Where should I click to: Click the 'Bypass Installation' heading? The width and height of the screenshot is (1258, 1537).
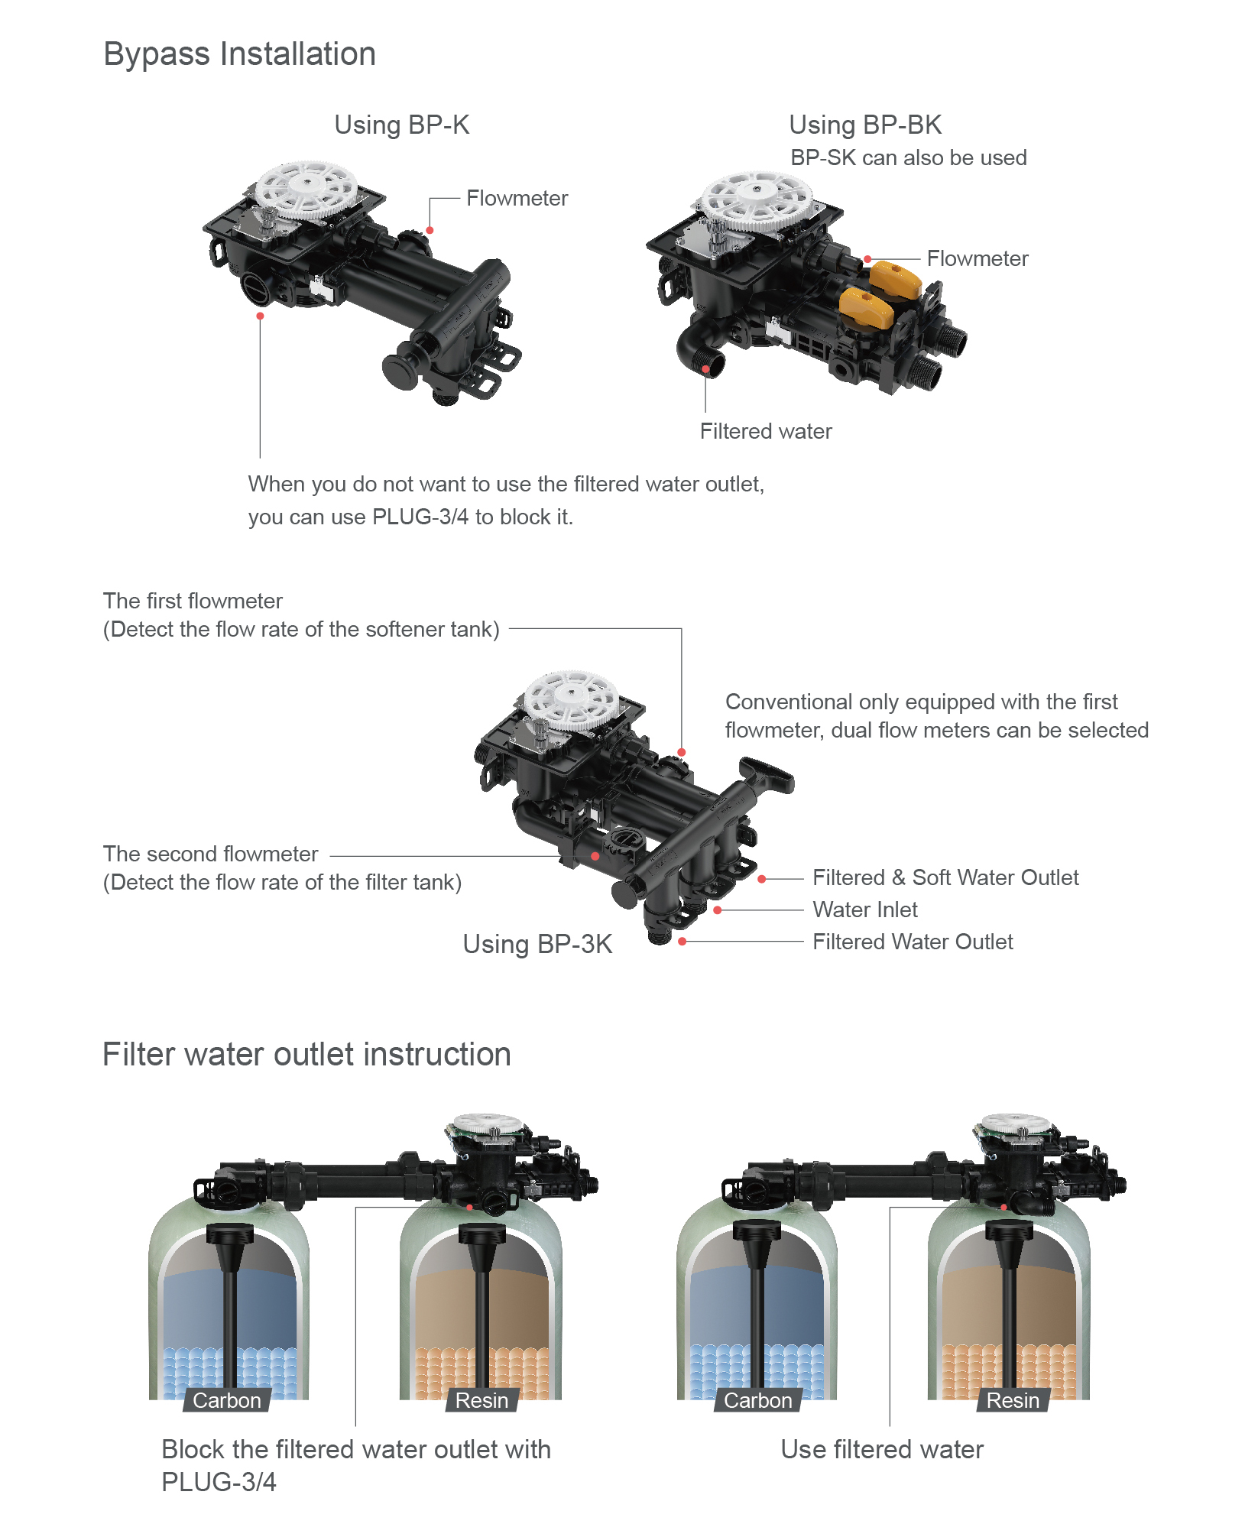pos(239,54)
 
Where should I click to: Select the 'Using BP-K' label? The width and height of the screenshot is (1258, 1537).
pos(402,125)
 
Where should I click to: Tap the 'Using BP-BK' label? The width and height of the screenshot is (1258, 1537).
pos(865,125)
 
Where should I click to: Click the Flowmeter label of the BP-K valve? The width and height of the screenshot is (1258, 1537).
pos(517,199)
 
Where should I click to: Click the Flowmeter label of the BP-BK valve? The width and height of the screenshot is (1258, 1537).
pos(978,259)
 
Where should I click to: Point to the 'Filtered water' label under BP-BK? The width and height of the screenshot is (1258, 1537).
pos(766,432)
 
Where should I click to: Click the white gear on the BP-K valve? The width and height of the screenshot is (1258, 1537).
pos(307,186)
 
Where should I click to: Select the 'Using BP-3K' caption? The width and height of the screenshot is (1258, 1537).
pos(537,945)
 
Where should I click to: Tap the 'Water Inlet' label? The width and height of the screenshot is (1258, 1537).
pos(865,910)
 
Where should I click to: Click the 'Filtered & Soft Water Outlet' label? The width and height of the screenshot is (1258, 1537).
pos(945,878)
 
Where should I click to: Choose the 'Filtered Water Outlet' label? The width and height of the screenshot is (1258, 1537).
pos(913,942)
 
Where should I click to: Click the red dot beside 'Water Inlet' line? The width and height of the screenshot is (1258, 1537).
pos(718,910)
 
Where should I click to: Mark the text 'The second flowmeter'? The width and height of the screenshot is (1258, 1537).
pos(211,854)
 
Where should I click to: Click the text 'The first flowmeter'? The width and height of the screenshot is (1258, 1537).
pos(193,602)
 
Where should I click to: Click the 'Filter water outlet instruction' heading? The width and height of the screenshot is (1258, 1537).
pos(306,1055)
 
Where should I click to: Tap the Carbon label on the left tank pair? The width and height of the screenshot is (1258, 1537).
pos(227,1400)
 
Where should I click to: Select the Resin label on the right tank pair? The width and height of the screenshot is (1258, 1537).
pos(1013,1400)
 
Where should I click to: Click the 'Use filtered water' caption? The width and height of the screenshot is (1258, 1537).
pos(882,1450)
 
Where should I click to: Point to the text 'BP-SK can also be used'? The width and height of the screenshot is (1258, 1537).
pos(908,158)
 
